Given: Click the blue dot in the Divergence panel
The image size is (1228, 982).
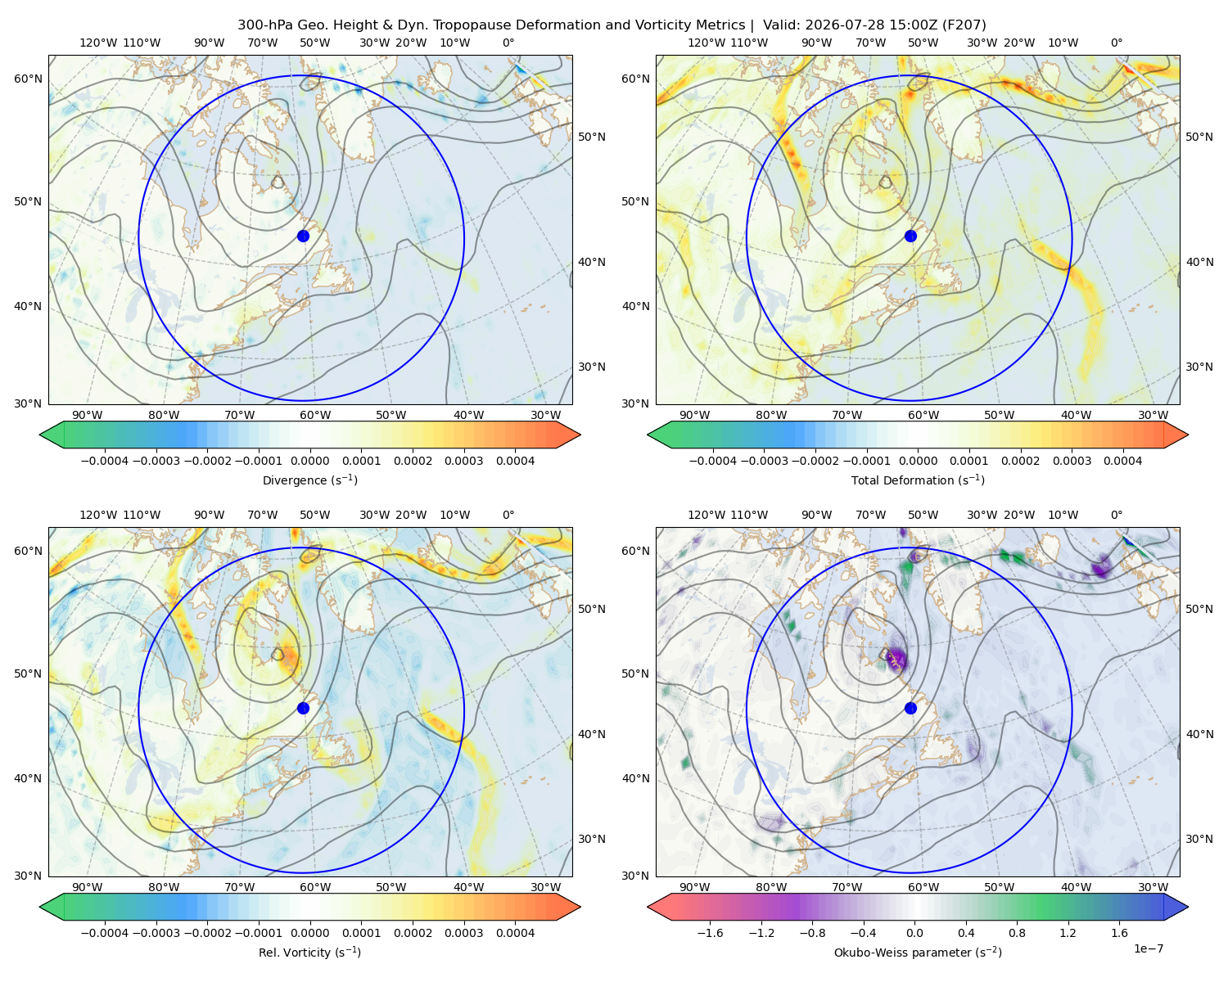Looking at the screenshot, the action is [303, 236].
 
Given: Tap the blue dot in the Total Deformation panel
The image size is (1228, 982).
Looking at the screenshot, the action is [910, 236].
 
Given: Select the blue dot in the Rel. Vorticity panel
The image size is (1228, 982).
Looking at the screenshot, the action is [303, 708].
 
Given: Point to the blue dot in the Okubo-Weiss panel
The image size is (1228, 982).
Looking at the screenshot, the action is [910, 708].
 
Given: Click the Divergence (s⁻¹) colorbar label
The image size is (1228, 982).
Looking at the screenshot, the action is [309, 480].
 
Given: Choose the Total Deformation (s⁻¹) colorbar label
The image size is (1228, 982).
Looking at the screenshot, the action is [918, 480].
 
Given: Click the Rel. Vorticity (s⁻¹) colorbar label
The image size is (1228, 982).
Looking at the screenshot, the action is [309, 952].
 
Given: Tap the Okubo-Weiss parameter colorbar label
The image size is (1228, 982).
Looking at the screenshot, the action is [918, 952].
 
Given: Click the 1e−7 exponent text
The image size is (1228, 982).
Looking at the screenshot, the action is [1148, 948].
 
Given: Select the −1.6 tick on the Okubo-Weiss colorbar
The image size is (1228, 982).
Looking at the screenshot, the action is [711, 932].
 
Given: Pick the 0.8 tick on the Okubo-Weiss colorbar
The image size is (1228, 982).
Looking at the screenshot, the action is [1017, 932].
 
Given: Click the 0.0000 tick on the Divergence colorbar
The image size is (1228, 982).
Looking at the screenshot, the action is [309, 461].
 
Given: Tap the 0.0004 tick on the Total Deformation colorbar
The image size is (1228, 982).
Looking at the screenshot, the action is [1122, 461].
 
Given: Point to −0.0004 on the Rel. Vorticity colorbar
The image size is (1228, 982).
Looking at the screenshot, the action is [105, 932].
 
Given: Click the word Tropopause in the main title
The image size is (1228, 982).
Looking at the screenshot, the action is [472, 25].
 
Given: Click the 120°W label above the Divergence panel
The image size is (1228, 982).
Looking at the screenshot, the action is [98, 43].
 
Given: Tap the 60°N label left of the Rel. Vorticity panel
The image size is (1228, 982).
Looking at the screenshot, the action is [28, 551].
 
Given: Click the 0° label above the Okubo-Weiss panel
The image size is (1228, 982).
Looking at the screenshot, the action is [1116, 515].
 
